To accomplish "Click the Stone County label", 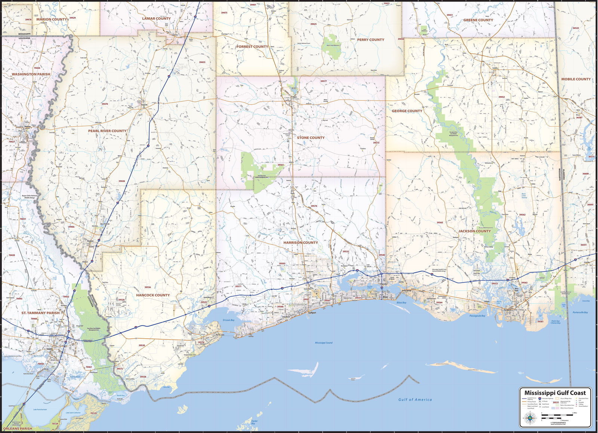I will (311, 138).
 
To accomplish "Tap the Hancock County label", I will (153, 295).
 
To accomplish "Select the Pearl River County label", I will (107, 131).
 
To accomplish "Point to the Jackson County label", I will (474, 231).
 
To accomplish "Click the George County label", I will (407, 111).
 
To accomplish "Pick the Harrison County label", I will (300, 243).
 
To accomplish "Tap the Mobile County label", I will (576, 79).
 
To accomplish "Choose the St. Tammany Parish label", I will (40, 313).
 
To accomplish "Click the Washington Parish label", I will (31, 74).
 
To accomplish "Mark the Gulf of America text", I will (415, 400).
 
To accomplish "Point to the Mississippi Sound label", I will (324, 343).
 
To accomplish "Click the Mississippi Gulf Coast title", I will (555, 393).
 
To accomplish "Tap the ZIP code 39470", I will (105, 104).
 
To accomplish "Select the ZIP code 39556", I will (148, 287).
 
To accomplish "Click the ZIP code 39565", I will (440, 223).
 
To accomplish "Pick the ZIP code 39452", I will (501, 97).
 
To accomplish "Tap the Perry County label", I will (370, 40).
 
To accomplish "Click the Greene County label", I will (478, 20).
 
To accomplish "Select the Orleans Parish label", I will (18, 429).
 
